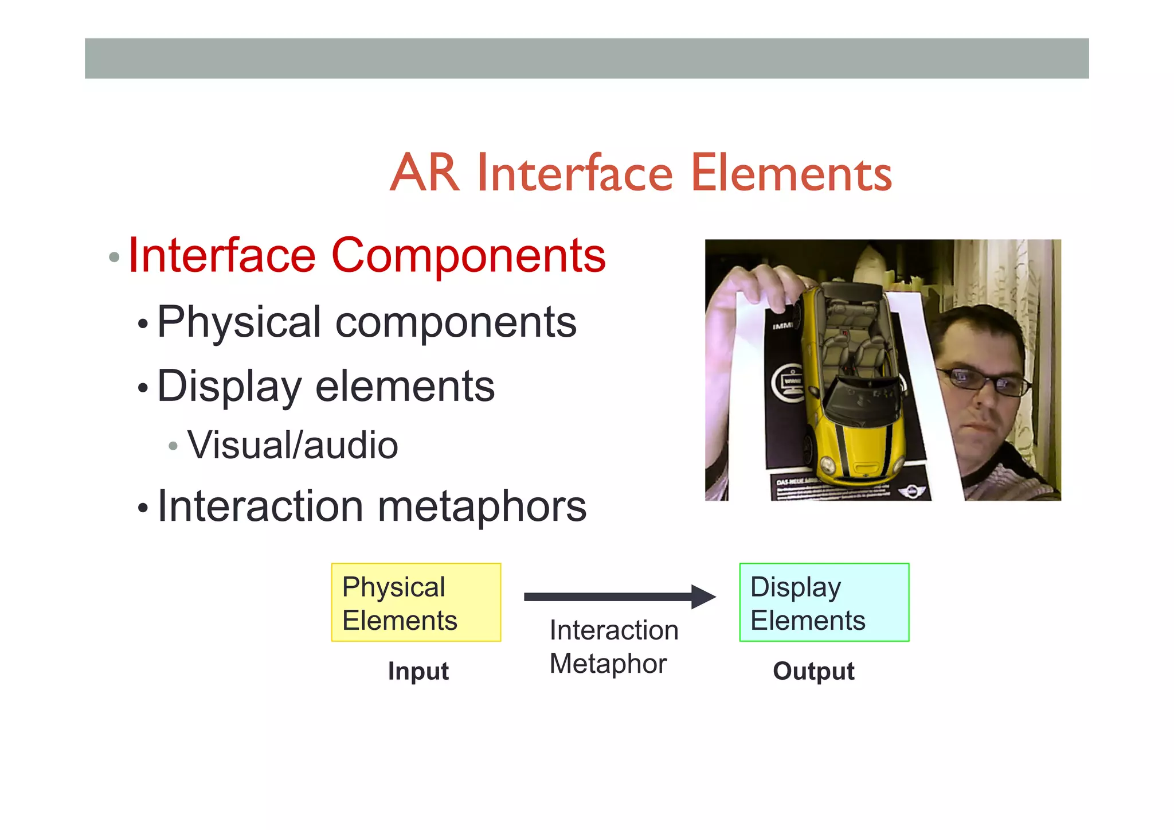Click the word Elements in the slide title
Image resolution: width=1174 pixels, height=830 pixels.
pyautogui.click(x=791, y=174)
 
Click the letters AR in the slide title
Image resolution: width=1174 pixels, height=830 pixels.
pyautogui.click(x=425, y=174)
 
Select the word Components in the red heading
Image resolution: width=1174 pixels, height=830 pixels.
pyautogui.click(x=468, y=256)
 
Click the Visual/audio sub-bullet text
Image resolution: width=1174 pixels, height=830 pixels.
pyautogui.click(x=292, y=446)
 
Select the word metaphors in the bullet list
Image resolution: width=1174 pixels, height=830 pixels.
pyautogui.click(x=482, y=507)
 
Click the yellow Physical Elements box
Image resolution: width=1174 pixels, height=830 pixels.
pyautogui.click(x=416, y=602)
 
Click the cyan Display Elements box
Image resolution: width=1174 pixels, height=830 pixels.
pyautogui.click(x=824, y=602)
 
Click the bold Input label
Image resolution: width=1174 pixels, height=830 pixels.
pyautogui.click(x=418, y=671)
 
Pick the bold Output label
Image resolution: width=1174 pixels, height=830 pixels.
pyautogui.click(x=813, y=671)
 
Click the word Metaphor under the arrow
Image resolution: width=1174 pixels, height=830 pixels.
pyautogui.click(x=608, y=664)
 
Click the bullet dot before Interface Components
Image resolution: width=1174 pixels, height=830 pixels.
pyautogui.click(x=114, y=257)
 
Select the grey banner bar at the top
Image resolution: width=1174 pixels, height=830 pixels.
pyautogui.click(x=586, y=59)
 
